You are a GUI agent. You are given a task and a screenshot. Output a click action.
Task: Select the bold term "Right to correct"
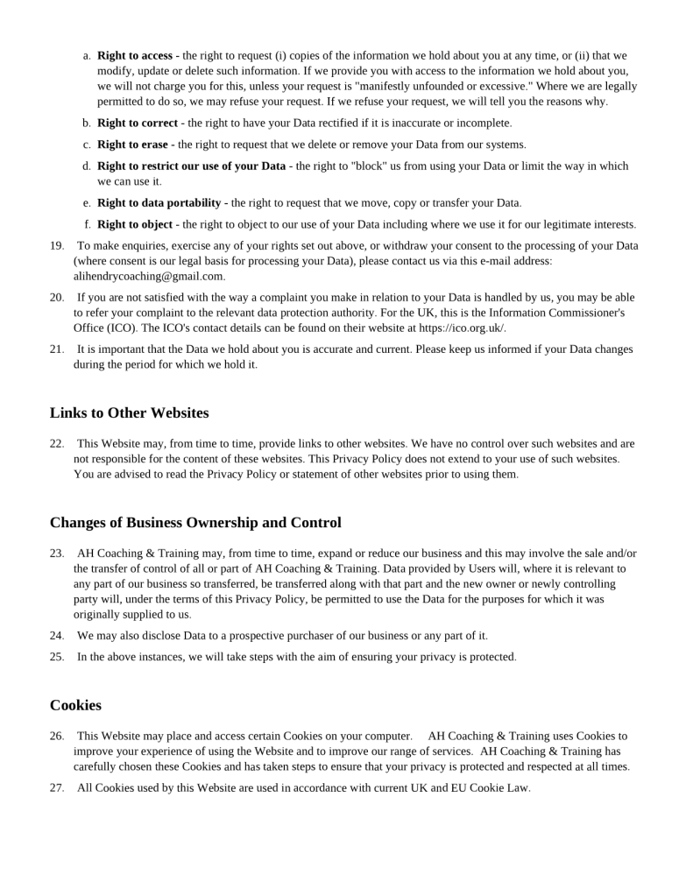[137, 123]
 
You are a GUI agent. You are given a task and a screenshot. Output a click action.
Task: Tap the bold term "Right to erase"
[132, 145]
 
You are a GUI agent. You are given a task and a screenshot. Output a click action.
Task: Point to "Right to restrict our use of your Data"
[191, 166]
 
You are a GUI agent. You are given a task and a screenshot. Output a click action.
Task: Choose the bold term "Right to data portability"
[159, 202]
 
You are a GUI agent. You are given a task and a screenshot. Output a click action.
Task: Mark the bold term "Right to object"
[134, 224]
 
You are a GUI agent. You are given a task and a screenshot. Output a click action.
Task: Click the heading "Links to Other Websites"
[129, 413]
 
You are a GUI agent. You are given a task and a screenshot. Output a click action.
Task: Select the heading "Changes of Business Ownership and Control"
[195, 523]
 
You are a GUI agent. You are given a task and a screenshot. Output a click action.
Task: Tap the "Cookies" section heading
[75, 705]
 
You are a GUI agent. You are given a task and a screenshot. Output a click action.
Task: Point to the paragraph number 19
[57, 246]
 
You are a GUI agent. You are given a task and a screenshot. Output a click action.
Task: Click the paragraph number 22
[57, 443]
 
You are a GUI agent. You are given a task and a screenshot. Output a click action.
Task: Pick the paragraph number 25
[57, 656]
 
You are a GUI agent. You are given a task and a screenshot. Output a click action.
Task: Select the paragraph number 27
[57, 787]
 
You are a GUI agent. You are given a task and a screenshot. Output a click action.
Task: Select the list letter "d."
[87, 166]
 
